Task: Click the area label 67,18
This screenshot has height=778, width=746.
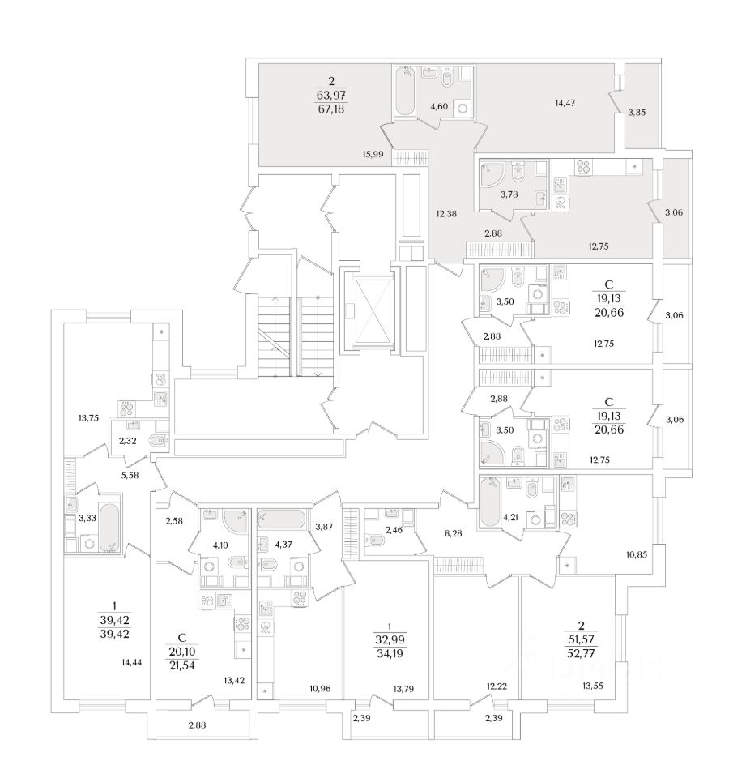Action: [331, 108]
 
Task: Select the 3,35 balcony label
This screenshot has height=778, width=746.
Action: [637, 113]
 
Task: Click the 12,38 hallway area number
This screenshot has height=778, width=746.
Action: [447, 214]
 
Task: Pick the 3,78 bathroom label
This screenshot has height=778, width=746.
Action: [509, 194]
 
